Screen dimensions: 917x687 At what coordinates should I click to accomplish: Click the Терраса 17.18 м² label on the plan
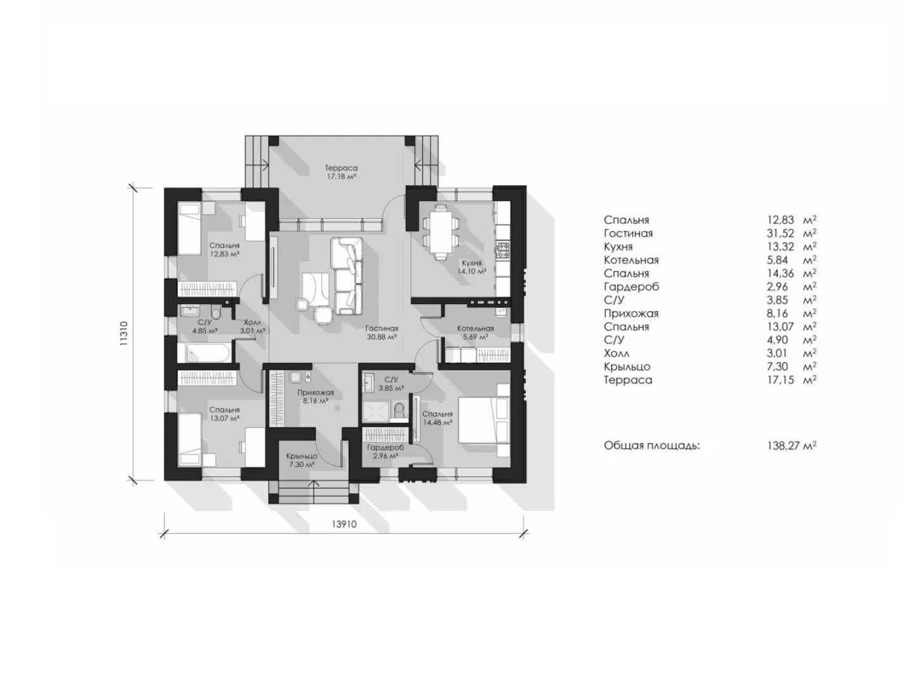341,172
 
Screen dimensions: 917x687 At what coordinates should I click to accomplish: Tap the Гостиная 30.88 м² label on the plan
381,332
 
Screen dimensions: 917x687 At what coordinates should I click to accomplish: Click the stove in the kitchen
502,249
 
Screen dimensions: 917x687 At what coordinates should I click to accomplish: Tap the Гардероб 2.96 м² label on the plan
385,451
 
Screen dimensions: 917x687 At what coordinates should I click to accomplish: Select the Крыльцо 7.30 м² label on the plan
301,459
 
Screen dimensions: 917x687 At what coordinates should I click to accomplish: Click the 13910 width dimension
344,523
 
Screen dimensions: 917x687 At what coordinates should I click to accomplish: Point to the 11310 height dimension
124,333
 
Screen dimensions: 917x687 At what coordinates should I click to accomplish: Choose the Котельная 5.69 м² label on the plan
475,332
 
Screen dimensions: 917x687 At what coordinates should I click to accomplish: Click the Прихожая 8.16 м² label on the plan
315,396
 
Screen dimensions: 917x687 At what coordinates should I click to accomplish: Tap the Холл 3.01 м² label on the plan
253,326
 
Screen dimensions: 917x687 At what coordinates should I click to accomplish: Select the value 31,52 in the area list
780,233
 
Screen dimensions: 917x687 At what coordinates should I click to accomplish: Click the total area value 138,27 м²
791,445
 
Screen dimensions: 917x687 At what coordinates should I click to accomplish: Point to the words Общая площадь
651,445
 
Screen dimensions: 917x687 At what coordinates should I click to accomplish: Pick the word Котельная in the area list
631,260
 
